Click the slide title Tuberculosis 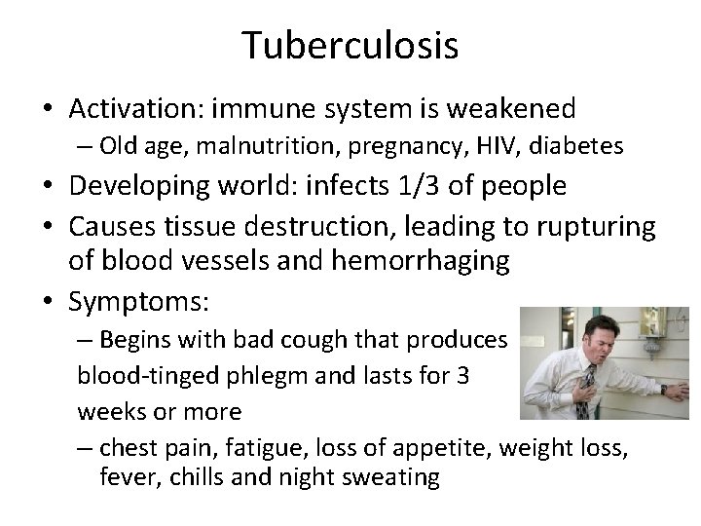tap(350, 47)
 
